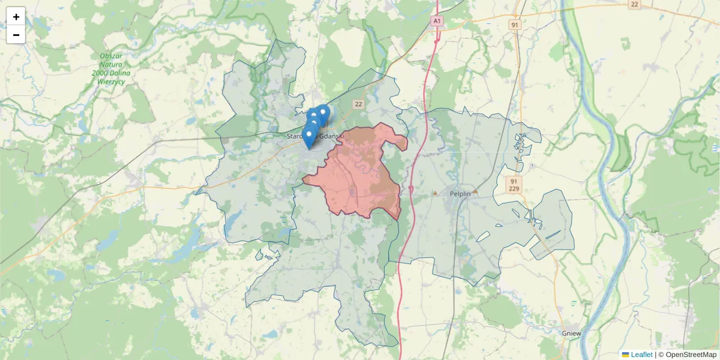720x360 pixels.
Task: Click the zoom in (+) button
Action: (x=16, y=17)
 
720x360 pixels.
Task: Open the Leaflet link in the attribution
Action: (x=641, y=355)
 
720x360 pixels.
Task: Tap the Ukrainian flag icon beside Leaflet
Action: (x=625, y=355)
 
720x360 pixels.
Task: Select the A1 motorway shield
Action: (x=437, y=21)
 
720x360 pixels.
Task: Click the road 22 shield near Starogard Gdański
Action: (x=358, y=104)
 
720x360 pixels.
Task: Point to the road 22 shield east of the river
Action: (x=634, y=4)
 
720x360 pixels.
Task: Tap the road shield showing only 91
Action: (x=514, y=25)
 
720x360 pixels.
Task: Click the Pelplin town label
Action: (x=460, y=194)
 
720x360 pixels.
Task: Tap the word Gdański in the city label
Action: (x=332, y=136)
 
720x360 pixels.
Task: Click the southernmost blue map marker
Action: (x=309, y=137)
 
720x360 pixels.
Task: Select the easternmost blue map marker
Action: (x=323, y=113)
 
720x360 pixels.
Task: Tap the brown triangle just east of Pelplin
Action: (x=475, y=191)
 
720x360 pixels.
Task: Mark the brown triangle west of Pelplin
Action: (x=435, y=193)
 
